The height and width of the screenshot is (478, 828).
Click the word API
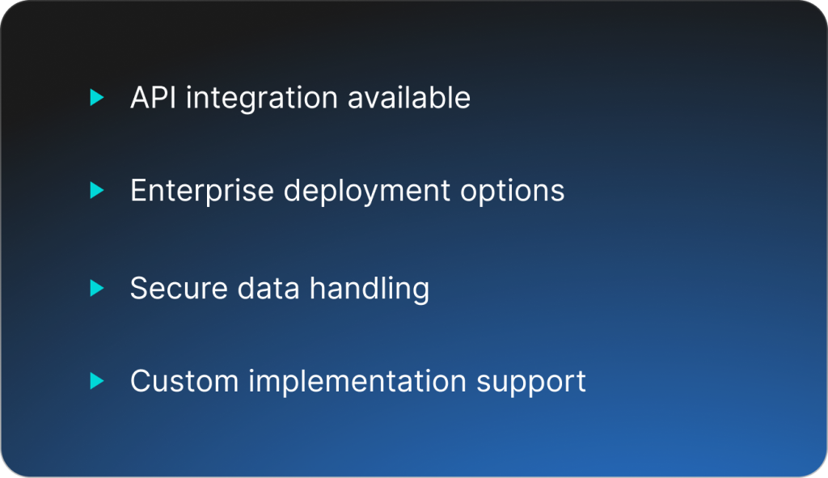pos(153,97)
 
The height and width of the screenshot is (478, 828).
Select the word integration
pos(262,99)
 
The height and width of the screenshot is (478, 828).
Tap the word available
pos(409,97)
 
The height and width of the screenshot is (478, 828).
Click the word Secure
pos(179,289)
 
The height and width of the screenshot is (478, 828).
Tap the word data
pos(268,289)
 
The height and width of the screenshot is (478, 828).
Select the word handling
pos(370,290)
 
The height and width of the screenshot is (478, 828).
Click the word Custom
pos(184,381)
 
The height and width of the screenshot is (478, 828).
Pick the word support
pos(531,383)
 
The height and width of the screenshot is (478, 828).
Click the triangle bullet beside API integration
pos(97,97)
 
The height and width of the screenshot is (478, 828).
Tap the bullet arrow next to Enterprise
pos(97,190)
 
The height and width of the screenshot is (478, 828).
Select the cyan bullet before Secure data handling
pos(97,288)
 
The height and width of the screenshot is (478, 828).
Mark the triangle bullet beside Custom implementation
pos(97,381)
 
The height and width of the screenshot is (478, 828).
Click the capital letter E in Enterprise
pos(139,190)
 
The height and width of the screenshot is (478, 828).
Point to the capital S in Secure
pos(139,289)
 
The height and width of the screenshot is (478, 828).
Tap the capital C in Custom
pos(141,381)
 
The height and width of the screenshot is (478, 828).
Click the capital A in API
pos(141,98)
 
